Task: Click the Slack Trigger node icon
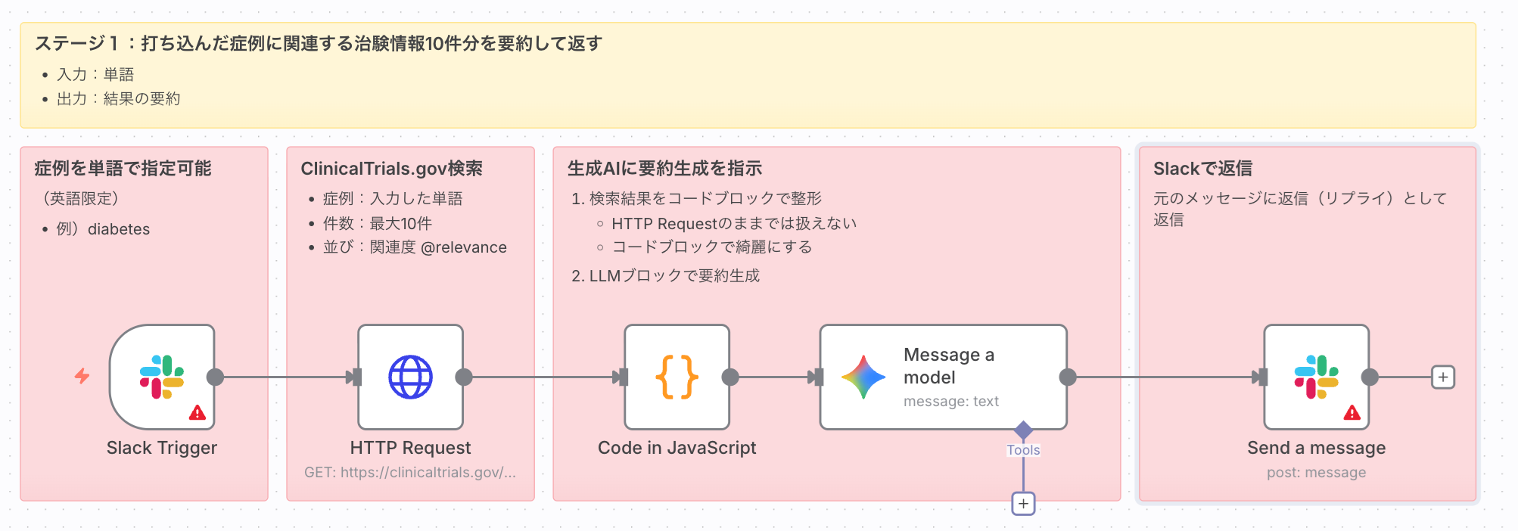pyautogui.click(x=162, y=377)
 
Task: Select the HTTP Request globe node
pyautogui.click(x=410, y=377)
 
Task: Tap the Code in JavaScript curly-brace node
pyautogui.click(x=677, y=377)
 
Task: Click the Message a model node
pyautogui.click(x=943, y=377)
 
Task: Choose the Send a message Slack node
pyautogui.click(x=1316, y=377)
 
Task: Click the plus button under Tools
pyautogui.click(x=1023, y=503)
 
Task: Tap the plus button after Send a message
pyautogui.click(x=1443, y=377)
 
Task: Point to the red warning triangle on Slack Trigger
pyautogui.click(x=198, y=412)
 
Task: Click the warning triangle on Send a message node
pyautogui.click(x=1352, y=412)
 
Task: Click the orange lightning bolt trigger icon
pyautogui.click(x=82, y=376)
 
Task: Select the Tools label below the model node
pyautogui.click(x=1023, y=450)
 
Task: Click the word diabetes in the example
pyautogui.click(x=119, y=229)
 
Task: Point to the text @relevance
pyautogui.click(x=463, y=247)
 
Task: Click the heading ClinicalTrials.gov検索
pyautogui.click(x=391, y=169)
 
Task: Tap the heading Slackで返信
pyautogui.click(x=1202, y=169)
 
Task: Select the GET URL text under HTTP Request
pyautogui.click(x=410, y=473)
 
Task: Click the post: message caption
pyautogui.click(x=1316, y=473)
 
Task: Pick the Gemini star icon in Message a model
pyautogui.click(x=863, y=377)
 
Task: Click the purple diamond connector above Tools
pyautogui.click(x=1023, y=430)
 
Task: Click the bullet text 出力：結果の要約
pyautogui.click(x=118, y=99)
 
